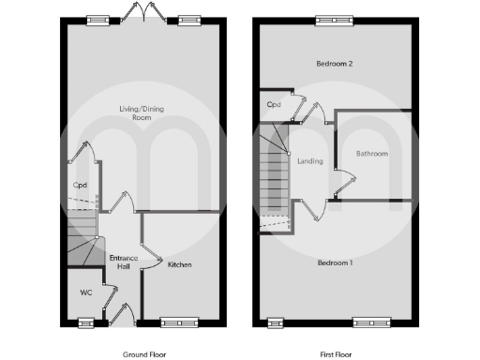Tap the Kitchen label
point(180,265)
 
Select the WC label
point(85,293)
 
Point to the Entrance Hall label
point(123,262)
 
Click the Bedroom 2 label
point(333,64)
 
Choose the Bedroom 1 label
point(334,262)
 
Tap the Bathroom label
point(371,154)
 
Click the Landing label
point(309,161)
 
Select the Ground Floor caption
point(145,355)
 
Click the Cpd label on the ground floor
point(80,185)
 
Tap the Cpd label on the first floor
point(274,105)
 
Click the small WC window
point(86,322)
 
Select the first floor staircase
point(275,178)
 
